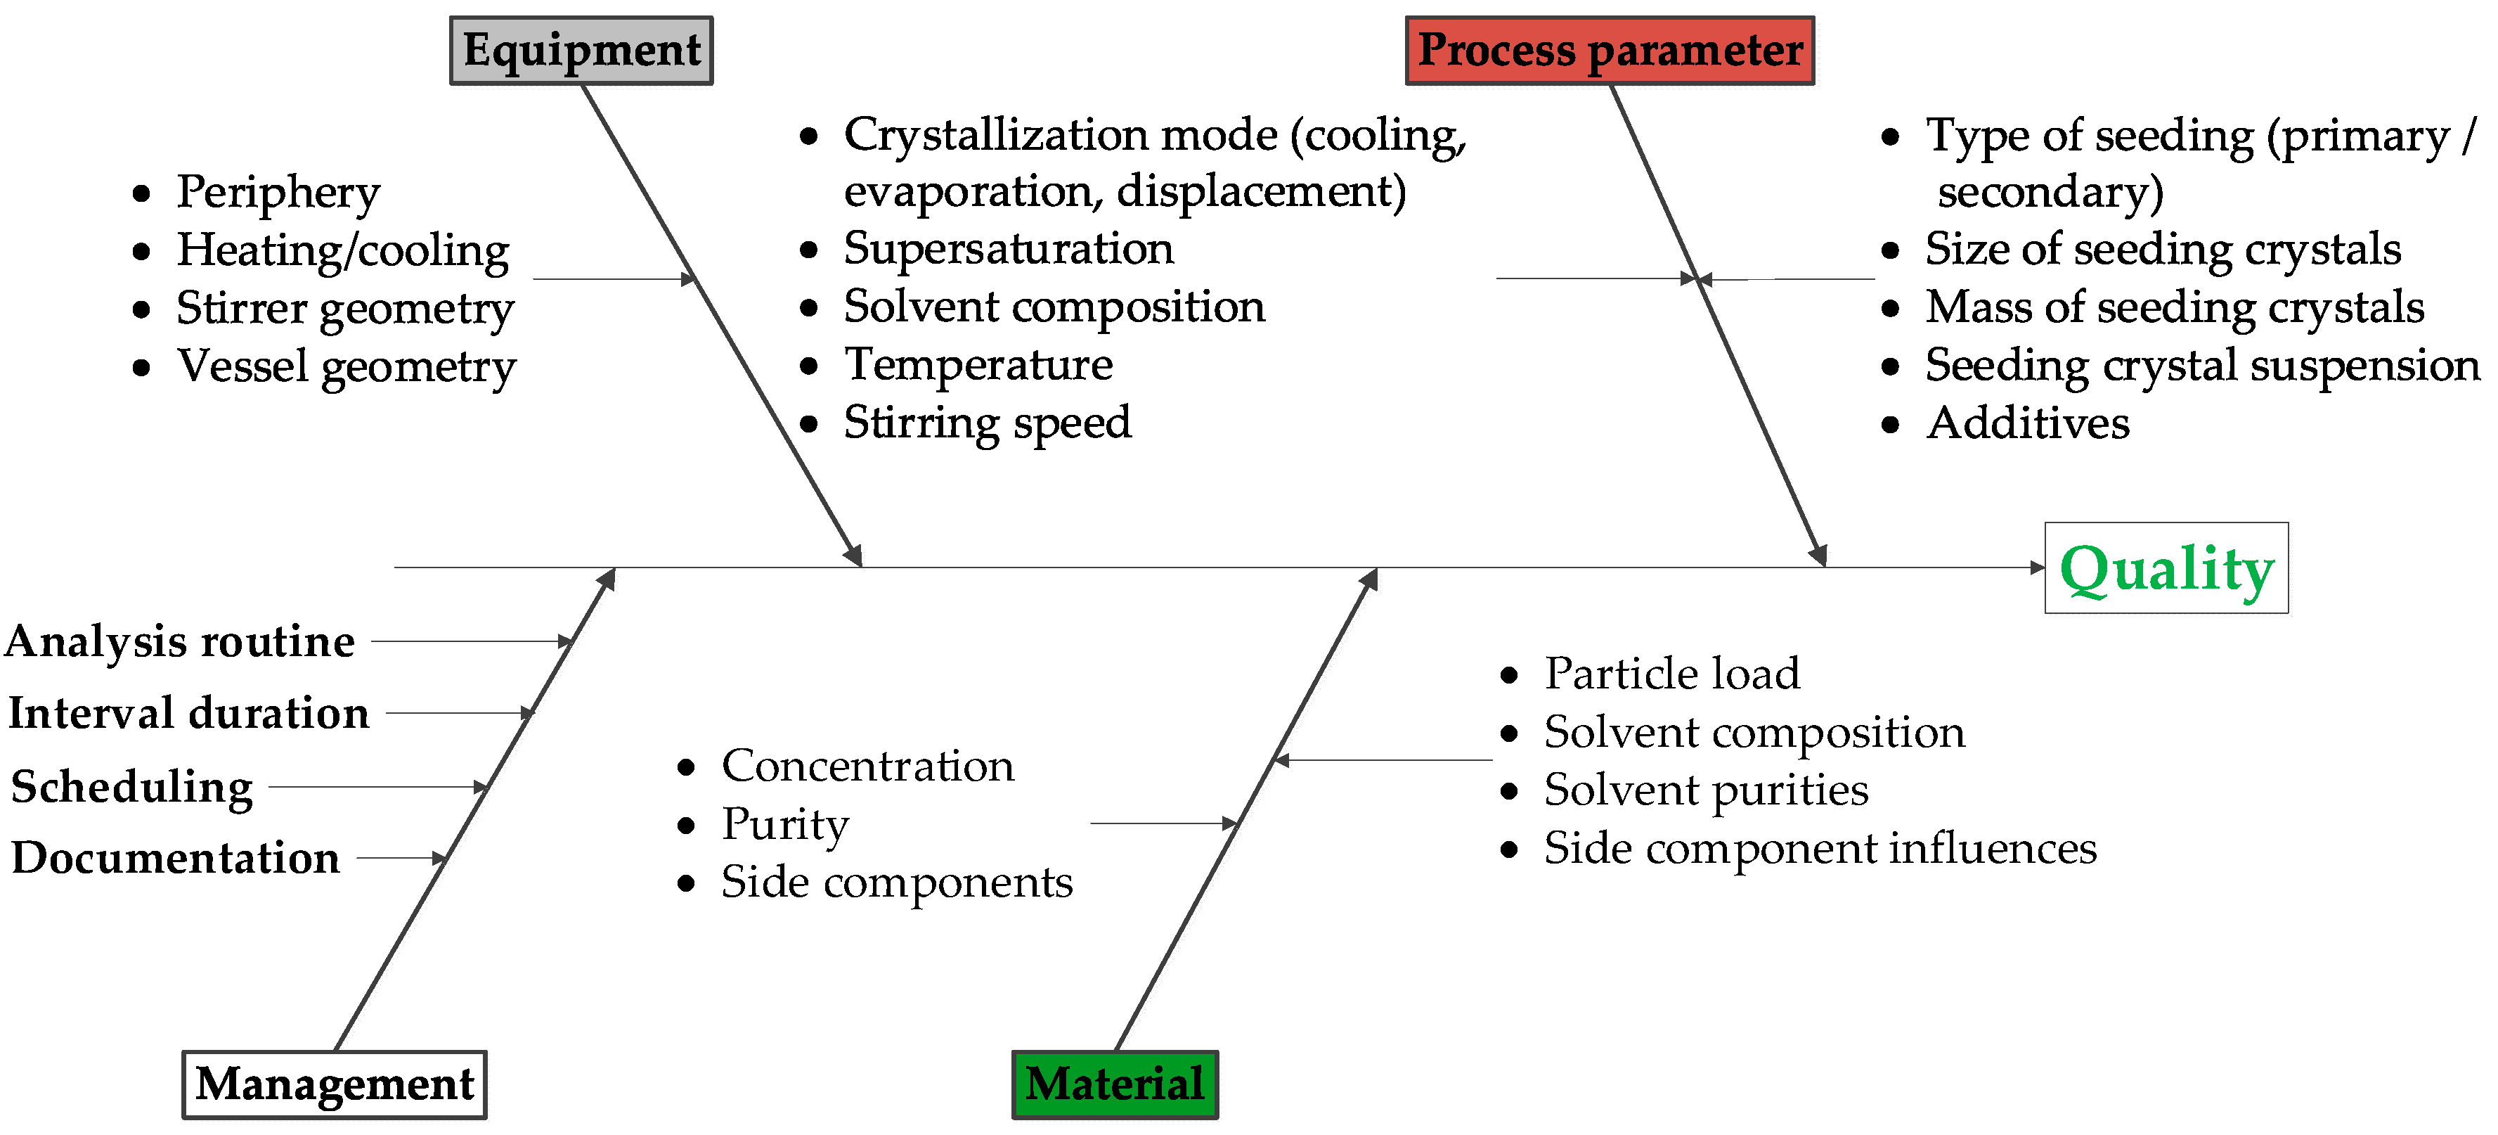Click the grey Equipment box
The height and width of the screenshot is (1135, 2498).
coord(581,51)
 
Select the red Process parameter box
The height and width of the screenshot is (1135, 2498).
coord(1609,51)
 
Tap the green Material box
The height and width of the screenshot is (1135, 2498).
coord(1114,1084)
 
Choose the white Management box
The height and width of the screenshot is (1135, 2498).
coord(335,1084)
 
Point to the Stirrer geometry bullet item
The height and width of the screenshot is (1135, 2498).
coord(344,309)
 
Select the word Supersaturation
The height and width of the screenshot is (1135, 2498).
coord(1009,248)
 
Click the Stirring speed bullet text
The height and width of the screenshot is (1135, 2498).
coord(987,423)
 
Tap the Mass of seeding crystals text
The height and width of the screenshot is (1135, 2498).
coord(2174,307)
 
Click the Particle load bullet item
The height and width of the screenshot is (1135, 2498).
coord(1672,673)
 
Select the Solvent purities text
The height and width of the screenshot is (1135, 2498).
coord(1706,790)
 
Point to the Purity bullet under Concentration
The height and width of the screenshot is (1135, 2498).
coord(784,825)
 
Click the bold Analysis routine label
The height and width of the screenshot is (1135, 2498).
coord(181,641)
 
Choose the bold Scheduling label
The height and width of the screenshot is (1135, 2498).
coord(132,787)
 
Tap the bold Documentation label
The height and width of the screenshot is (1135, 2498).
coord(176,857)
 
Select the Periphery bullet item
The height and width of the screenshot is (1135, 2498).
coord(278,192)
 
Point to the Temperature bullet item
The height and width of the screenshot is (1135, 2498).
coord(978,365)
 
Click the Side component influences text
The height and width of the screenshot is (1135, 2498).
coord(1820,849)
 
